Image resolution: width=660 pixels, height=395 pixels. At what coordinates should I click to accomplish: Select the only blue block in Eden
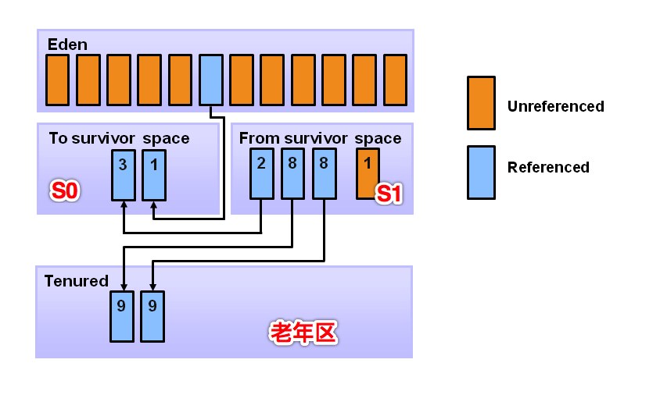[211, 80]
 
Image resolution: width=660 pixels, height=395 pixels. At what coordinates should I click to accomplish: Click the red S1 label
[389, 194]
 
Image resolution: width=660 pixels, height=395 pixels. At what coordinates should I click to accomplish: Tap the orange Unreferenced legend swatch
[480, 102]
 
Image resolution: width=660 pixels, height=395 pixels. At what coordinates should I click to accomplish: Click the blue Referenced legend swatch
[480, 173]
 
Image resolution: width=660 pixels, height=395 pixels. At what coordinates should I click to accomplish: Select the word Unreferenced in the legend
[555, 106]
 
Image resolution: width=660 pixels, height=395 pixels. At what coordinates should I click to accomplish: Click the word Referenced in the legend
[548, 167]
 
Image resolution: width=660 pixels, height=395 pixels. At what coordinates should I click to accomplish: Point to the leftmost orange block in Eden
[57, 80]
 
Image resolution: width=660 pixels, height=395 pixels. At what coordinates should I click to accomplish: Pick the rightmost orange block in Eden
[395, 80]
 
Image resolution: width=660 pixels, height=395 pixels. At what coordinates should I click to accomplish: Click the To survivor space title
[119, 139]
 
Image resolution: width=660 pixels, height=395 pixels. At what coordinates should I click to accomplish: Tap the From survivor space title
[320, 139]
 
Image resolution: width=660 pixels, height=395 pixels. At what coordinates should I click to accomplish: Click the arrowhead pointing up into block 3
[124, 204]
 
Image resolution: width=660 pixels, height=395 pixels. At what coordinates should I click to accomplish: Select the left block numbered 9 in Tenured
[121, 315]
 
